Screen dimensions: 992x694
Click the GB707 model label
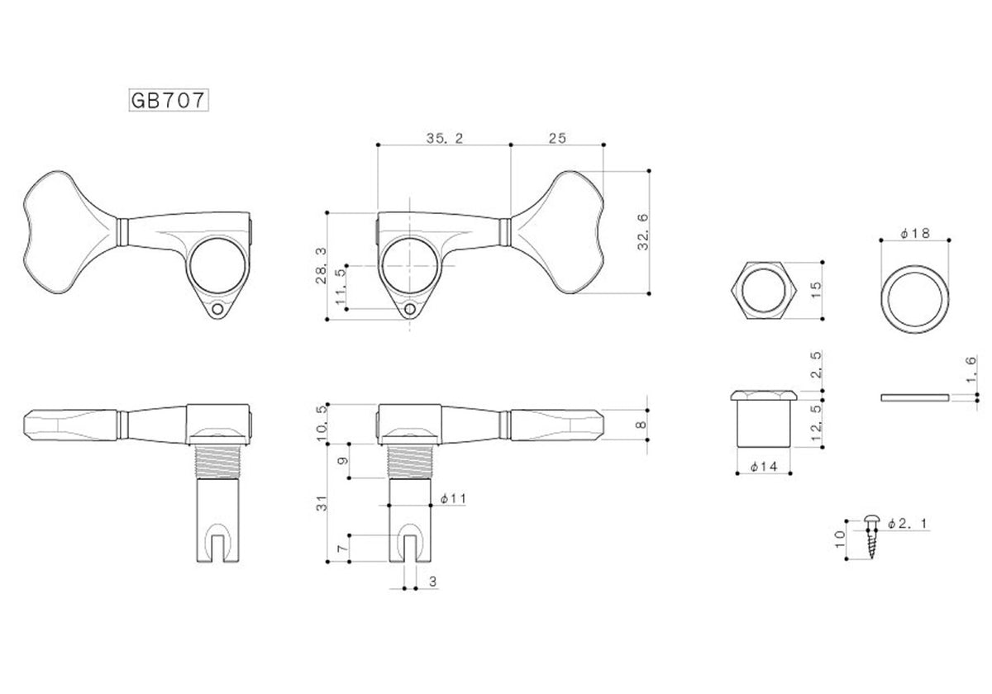(169, 101)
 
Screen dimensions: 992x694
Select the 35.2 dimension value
(445, 139)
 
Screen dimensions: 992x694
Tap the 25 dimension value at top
(557, 139)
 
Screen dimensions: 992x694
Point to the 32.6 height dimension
(643, 232)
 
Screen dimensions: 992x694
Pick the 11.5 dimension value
(341, 287)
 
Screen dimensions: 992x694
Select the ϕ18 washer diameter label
(915, 233)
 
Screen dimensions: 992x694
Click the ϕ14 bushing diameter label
(764, 466)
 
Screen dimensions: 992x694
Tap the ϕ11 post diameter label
(453, 499)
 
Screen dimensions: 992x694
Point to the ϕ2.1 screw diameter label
(908, 524)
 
